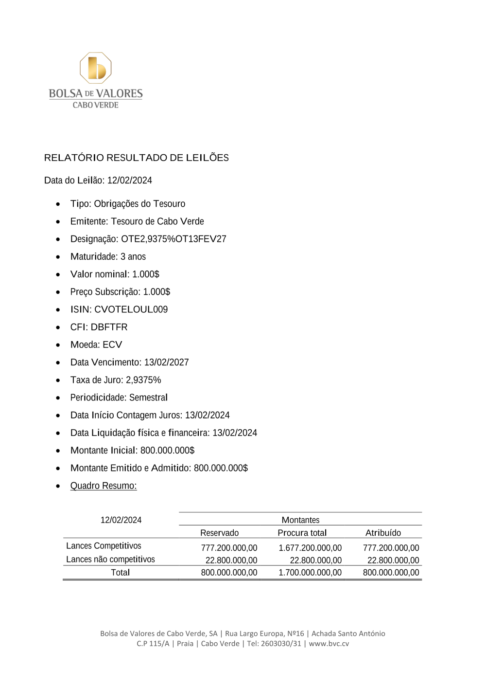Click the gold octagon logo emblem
click(x=96, y=68)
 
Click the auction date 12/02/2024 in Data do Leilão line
click(x=129, y=181)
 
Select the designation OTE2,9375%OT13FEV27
click(x=174, y=239)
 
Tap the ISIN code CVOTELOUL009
click(x=131, y=309)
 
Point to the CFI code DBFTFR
click(x=109, y=327)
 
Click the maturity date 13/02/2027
click(x=166, y=362)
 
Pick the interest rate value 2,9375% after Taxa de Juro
click(x=143, y=380)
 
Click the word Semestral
click(x=148, y=398)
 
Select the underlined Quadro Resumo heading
click(x=104, y=486)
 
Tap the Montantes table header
click(x=300, y=520)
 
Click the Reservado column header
click(x=219, y=533)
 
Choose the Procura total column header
click(x=302, y=533)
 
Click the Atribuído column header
click(x=383, y=533)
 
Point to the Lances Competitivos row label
click(x=104, y=546)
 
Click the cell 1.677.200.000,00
click(x=310, y=548)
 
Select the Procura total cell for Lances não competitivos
click(x=315, y=561)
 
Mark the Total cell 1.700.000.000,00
click(x=310, y=573)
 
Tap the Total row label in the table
click(x=120, y=573)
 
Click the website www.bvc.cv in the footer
click(x=329, y=644)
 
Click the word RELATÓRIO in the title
click(x=74, y=158)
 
